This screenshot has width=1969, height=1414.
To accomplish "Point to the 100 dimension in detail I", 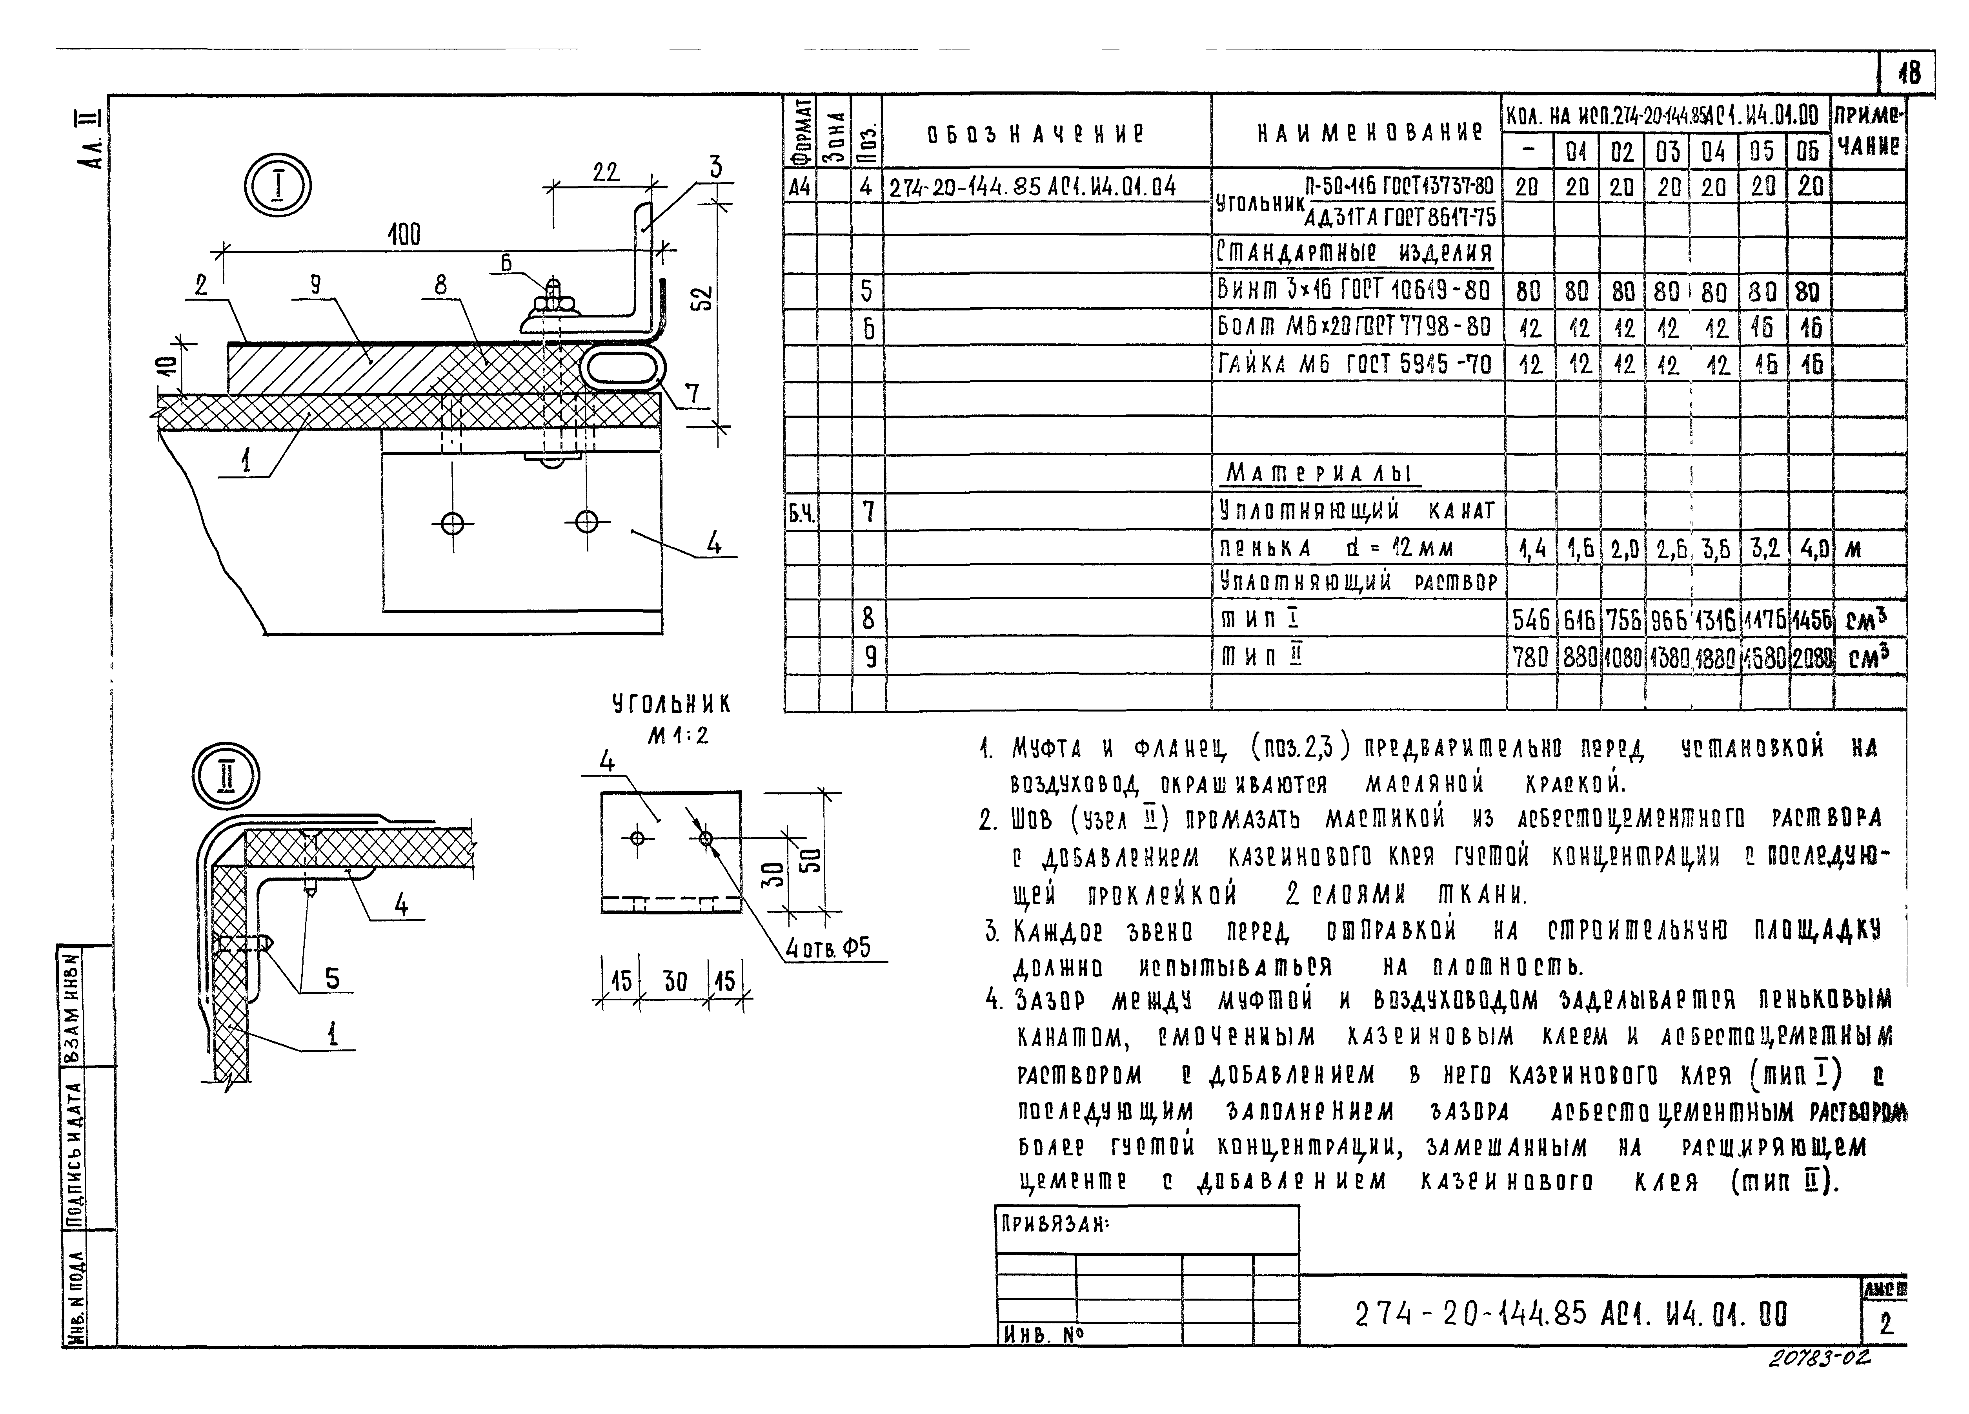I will coord(404,235).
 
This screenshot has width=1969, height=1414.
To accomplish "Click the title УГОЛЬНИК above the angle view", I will coord(671,704).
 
